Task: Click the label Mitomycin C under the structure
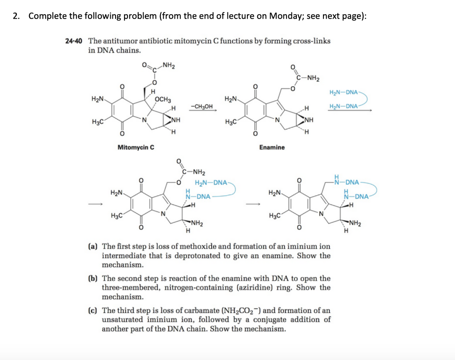point(136,147)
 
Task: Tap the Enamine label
point(272,147)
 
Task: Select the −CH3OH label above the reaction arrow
point(201,106)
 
